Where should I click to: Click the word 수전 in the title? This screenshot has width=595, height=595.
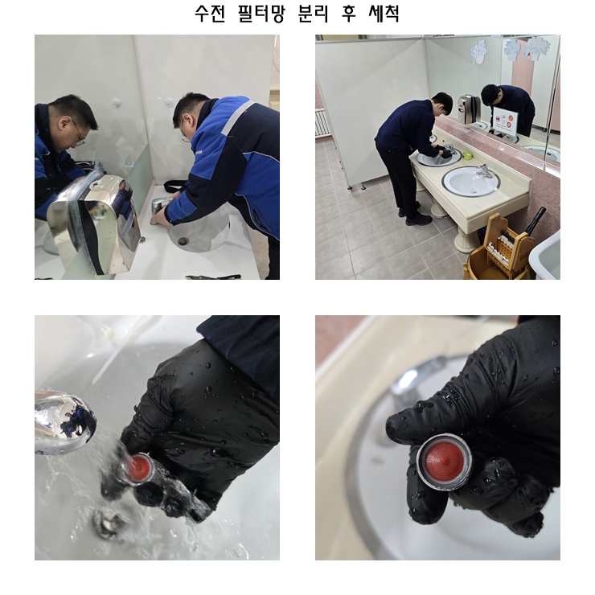pyautogui.click(x=210, y=14)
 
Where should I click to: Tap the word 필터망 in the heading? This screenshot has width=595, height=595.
pyautogui.click(x=261, y=14)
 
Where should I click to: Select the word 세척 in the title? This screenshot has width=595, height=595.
pyautogui.click(x=384, y=14)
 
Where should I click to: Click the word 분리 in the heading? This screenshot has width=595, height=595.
pyautogui.click(x=313, y=14)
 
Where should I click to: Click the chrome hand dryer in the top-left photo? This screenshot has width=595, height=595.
pyautogui.click(x=94, y=224)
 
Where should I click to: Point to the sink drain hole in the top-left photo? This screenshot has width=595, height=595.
pyautogui.click(x=183, y=240)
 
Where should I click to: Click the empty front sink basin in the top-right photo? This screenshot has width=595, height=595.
pyautogui.click(x=470, y=182)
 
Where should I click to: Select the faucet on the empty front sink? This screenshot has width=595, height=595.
pyautogui.click(x=483, y=171)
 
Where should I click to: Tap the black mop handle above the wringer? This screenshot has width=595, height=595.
pyautogui.click(x=536, y=220)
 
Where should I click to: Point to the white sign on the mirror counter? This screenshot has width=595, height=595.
pyautogui.click(x=505, y=121)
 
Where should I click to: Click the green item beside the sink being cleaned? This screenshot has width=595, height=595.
pyautogui.click(x=467, y=155)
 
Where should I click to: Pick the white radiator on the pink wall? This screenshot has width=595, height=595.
pyautogui.click(x=321, y=122)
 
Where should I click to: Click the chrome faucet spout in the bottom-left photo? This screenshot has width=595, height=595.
pyautogui.click(x=64, y=421)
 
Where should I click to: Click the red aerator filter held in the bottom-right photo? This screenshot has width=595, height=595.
pyautogui.click(x=444, y=460)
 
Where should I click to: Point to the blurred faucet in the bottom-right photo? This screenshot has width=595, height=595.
pyautogui.click(x=410, y=384)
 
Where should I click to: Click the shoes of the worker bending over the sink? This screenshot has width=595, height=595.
pyautogui.click(x=415, y=216)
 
